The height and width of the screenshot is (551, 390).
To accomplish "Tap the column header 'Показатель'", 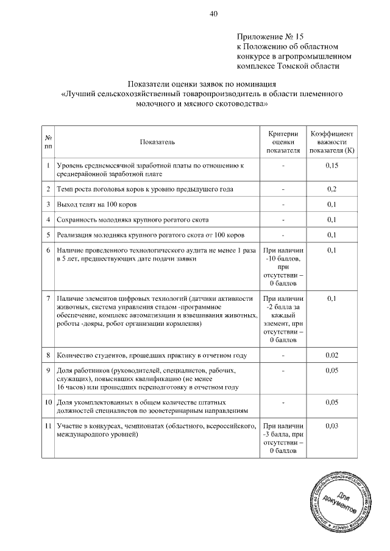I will click(157, 142).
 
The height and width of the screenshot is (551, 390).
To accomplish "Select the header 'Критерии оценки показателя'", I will click(283, 141).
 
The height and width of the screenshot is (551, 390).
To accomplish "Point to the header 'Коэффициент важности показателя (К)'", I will click(332, 141).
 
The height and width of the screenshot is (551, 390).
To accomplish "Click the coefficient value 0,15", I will click(332, 166).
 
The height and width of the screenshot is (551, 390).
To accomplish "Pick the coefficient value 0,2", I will click(332, 189).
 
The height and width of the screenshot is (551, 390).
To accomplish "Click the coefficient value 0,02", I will click(332, 355).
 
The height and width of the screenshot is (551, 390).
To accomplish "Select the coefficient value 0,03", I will click(332, 426).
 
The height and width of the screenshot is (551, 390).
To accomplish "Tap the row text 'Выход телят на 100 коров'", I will click(101, 204).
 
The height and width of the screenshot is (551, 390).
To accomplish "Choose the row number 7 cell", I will click(48, 298).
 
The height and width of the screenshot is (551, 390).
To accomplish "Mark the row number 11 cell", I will click(48, 426).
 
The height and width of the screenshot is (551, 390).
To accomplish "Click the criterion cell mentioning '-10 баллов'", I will click(283, 267).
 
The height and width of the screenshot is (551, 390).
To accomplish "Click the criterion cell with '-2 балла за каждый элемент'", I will click(283, 319).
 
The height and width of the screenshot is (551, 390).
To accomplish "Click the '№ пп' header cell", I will click(48, 142).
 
